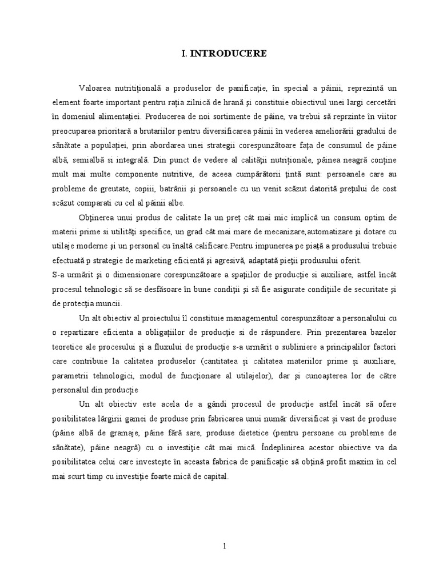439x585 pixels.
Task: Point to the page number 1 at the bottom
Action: tap(225, 546)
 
